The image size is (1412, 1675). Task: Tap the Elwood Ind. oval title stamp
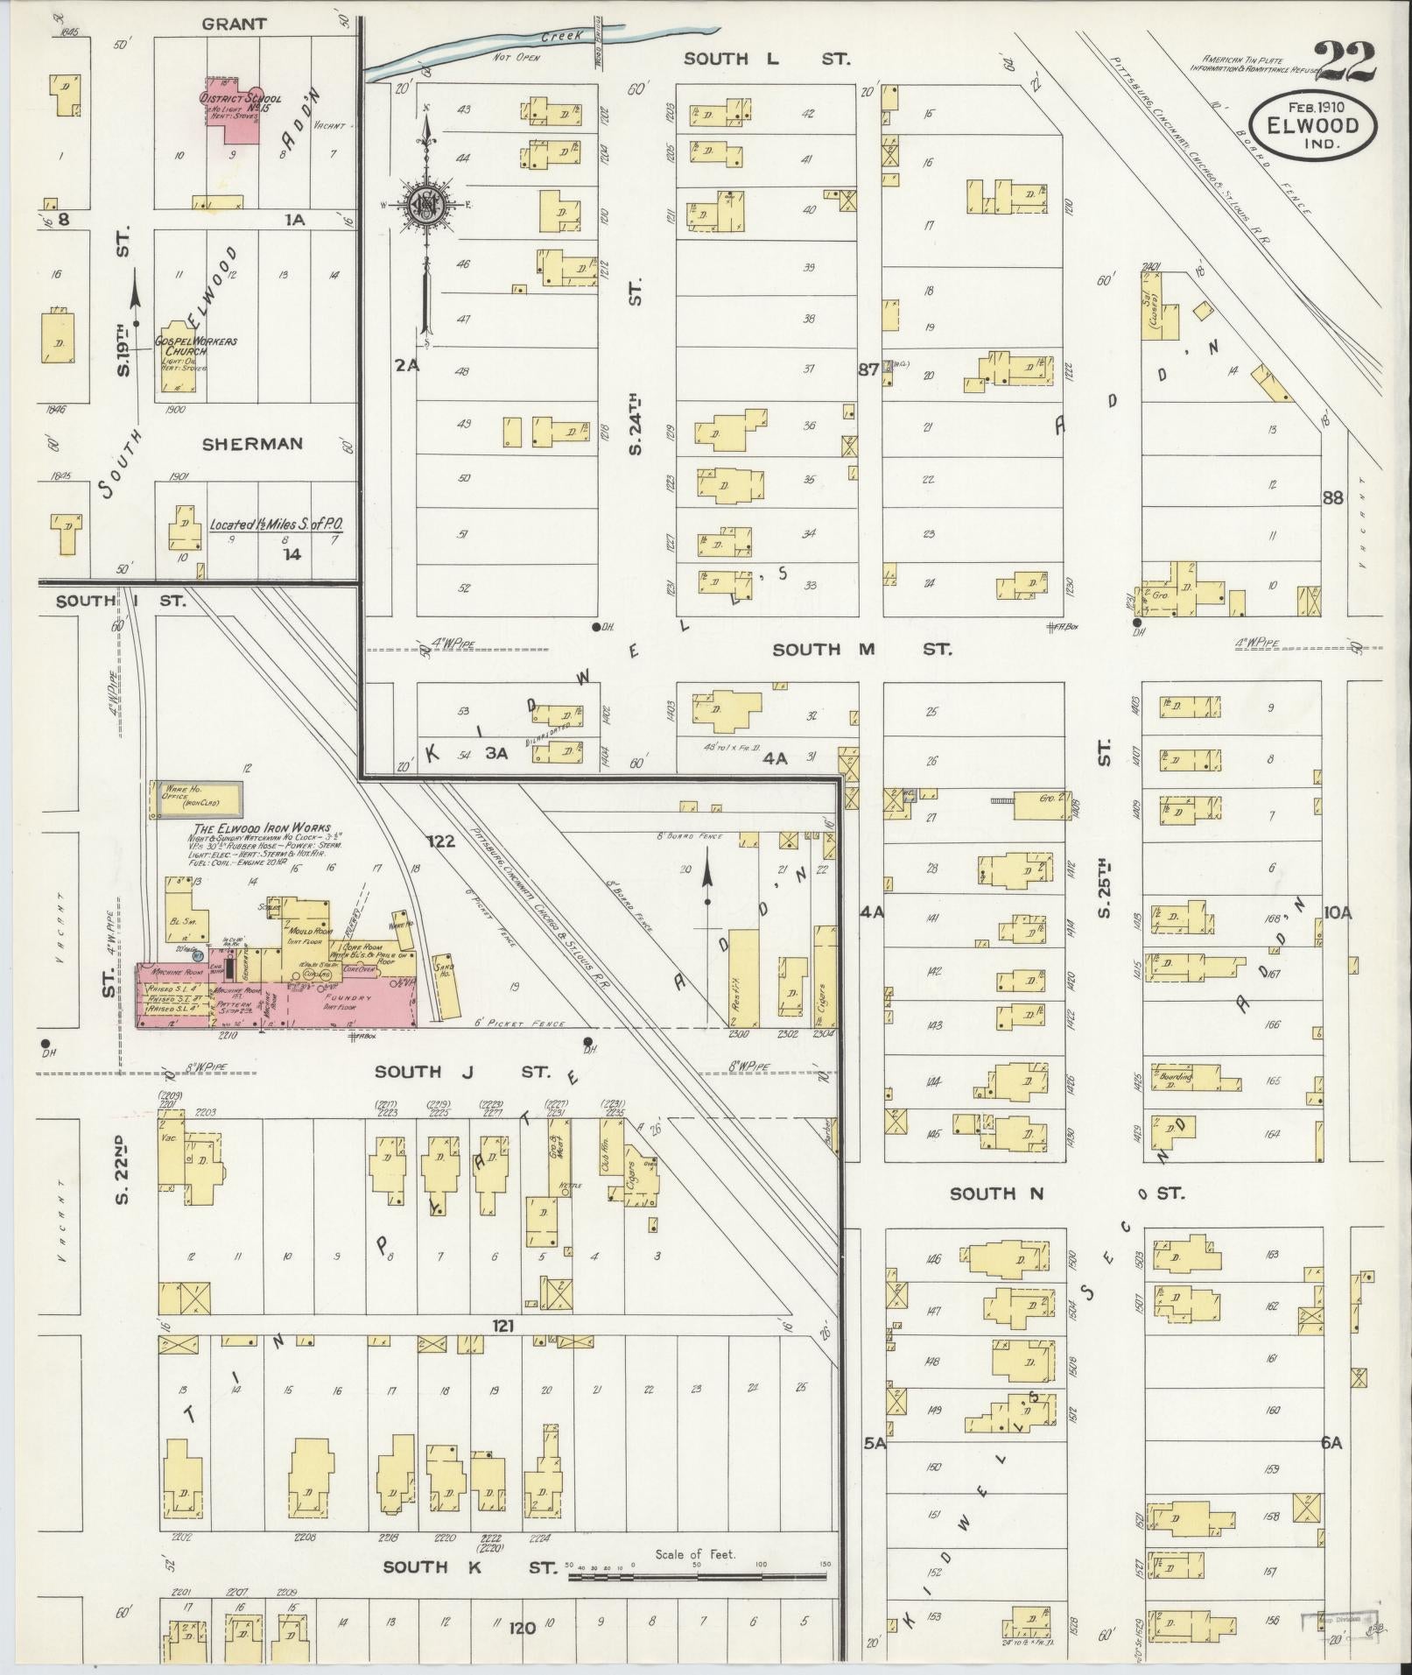1311,127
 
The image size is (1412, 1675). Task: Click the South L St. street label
766,59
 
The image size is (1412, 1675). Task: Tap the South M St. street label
861,649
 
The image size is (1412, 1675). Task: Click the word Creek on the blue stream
558,38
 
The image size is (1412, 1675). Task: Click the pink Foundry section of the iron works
350,1001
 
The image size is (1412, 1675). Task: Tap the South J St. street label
463,1071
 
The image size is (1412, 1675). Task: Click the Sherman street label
252,444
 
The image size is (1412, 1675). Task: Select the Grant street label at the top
234,24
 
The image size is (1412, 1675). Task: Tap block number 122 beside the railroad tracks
441,841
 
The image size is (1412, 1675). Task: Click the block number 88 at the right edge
1332,497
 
